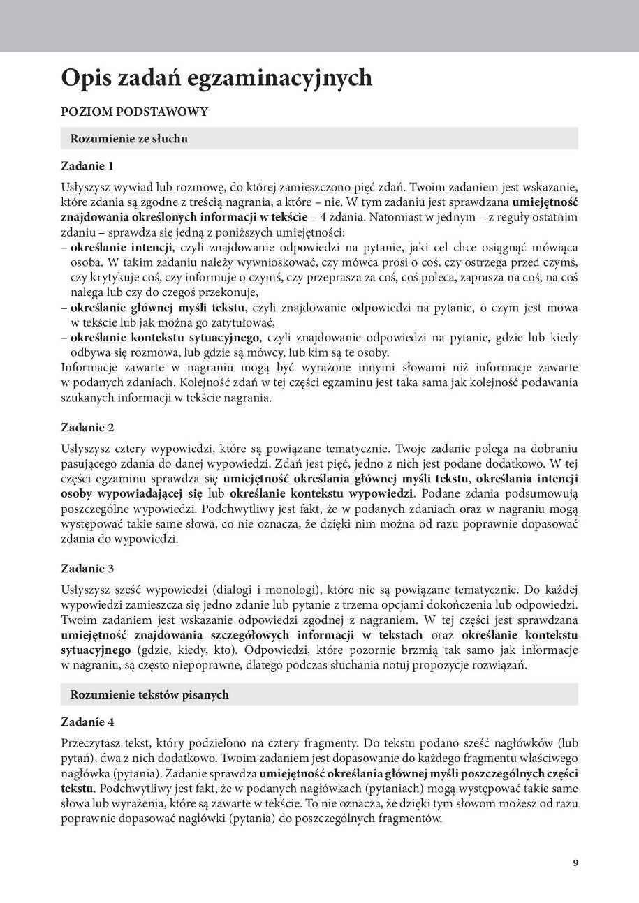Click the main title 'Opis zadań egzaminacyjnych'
[x=216, y=78]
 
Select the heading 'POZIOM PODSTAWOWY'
[x=134, y=112]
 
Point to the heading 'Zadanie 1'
[x=87, y=166]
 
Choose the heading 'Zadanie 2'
[x=87, y=427]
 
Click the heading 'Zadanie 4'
[x=87, y=722]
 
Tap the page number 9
[x=575, y=863]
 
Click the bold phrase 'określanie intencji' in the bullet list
[x=122, y=247]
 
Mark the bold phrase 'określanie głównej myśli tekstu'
[x=158, y=308]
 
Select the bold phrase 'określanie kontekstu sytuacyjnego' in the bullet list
[x=165, y=338]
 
